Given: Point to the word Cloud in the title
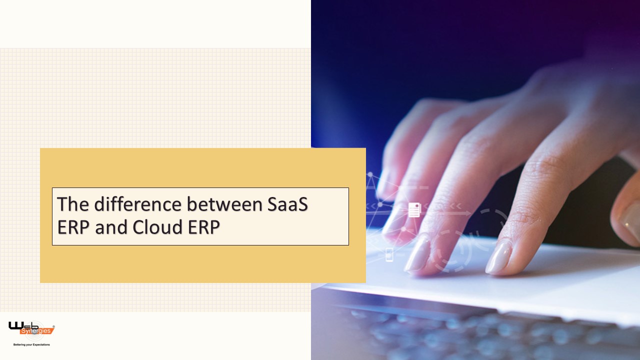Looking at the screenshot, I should pos(155,227).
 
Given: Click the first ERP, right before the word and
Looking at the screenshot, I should pos(72,227).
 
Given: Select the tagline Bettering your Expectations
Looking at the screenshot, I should pos(31,344).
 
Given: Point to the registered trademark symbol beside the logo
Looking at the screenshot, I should pos(53,326).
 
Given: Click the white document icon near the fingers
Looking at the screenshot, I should pos(414,210).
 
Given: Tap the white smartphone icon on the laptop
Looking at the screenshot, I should pos(389,254).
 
